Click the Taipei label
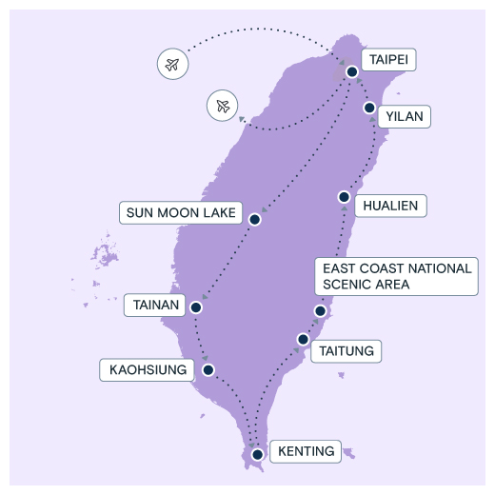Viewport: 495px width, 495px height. click(388, 60)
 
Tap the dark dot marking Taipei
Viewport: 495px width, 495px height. click(352, 71)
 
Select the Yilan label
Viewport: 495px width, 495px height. click(405, 116)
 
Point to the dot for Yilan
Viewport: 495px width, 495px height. click(369, 108)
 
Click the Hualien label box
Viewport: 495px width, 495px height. click(390, 206)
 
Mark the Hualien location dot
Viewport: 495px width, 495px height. click(344, 197)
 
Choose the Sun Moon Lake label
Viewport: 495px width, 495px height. click(181, 212)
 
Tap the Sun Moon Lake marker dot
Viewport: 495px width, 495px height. click(255, 219)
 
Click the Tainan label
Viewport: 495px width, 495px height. click(155, 305)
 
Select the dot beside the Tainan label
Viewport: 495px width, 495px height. click(196, 307)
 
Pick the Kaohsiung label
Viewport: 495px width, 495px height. click(147, 370)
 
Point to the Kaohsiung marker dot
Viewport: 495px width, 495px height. click(208, 369)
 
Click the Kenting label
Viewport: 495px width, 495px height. click(306, 451)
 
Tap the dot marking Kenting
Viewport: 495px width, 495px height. click(257, 454)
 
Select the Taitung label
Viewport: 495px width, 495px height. click(346, 351)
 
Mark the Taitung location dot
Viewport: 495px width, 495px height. click(303, 339)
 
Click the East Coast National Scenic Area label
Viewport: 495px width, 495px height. click(397, 276)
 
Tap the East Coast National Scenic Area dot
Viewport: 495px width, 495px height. click(320, 310)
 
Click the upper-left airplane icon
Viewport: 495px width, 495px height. click(172, 64)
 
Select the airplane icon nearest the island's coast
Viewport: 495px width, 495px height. click(223, 106)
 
